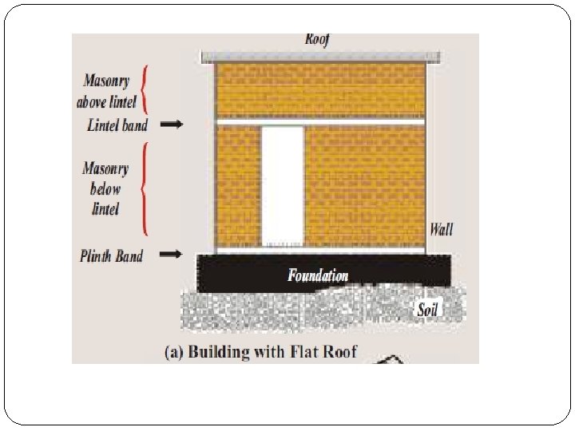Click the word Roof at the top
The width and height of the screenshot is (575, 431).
pos(317,39)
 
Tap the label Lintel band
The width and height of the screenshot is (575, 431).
pos(117,125)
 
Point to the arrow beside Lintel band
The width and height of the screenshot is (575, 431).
pos(171,125)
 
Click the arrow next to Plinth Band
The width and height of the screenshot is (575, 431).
pos(171,255)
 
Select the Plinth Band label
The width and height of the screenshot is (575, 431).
pos(112,256)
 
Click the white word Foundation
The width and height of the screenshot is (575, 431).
pos(318,276)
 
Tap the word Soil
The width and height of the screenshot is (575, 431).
pos(428,310)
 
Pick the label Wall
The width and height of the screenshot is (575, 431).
pos(441,230)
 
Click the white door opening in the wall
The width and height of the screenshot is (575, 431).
pos(282,185)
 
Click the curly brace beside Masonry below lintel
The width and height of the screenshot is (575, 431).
pos(145,188)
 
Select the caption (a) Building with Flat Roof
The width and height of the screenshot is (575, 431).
pos(260,352)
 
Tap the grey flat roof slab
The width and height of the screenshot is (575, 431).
pos(320,57)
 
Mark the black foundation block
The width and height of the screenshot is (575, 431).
pos(240,274)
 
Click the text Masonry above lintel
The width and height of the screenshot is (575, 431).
pos(108,91)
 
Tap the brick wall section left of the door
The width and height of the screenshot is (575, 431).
pos(238,185)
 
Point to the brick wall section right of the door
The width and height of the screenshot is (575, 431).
pos(364,185)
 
